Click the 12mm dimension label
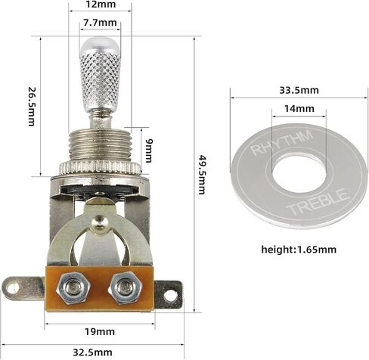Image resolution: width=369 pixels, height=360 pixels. pyautogui.click(x=101, y=5)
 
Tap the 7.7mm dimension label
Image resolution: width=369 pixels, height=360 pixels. pyautogui.click(x=100, y=23)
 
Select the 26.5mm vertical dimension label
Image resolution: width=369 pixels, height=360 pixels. pyautogui.click(x=32, y=106)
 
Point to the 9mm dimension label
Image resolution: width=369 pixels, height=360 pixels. pyautogui.click(x=148, y=151)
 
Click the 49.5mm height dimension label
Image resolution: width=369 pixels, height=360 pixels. pyautogui.click(x=202, y=175)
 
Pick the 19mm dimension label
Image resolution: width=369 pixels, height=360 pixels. pyautogui.click(x=100, y=331)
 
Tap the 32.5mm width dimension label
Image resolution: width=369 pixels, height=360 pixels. pyautogui.click(x=92, y=352)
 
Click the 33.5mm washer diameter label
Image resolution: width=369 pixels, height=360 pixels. pyautogui.click(x=299, y=90)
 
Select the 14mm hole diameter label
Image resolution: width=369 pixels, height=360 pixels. pyautogui.click(x=299, y=109)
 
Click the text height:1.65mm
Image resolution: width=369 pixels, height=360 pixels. pyautogui.click(x=299, y=250)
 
